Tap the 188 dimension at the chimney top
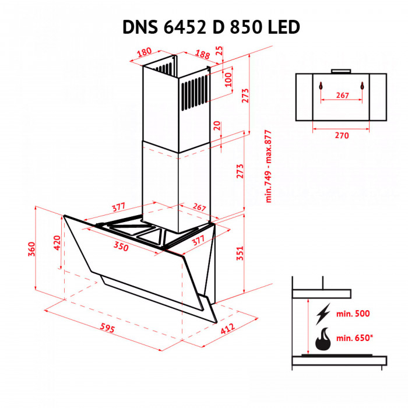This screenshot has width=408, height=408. click(x=202, y=54)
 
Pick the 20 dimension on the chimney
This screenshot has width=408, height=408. click(x=217, y=126)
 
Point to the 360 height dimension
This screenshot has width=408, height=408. click(x=32, y=249)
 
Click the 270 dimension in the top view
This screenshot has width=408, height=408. click(x=342, y=135)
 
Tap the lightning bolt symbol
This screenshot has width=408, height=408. click(x=322, y=314)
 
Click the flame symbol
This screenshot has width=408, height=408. click(x=322, y=338)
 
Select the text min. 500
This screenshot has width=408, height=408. click(x=354, y=314)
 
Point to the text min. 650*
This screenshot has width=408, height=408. click(x=356, y=338)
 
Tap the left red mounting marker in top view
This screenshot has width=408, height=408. click(x=320, y=85)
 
